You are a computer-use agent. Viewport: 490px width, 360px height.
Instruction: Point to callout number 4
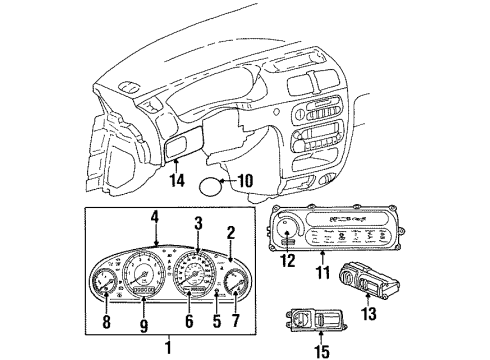click(x=155, y=215)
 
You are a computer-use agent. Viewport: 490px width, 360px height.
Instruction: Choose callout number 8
click(x=107, y=322)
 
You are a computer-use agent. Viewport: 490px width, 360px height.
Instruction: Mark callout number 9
click(x=145, y=322)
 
